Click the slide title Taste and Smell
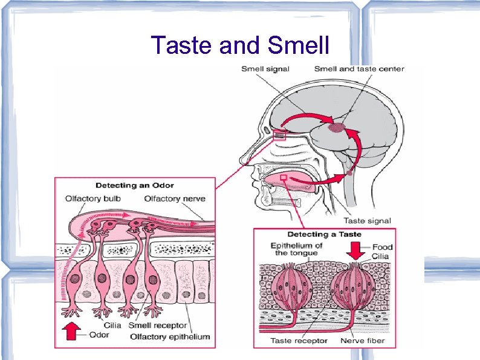point(240,45)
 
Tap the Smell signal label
point(265,69)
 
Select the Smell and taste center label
point(359,69)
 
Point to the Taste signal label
point(367,221)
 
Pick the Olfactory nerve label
point(174,198)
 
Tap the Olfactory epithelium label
point(170,336)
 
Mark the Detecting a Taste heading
point(324,234)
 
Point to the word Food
point(382,247)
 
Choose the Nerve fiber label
point(363,341)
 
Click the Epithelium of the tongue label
point(296,249)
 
